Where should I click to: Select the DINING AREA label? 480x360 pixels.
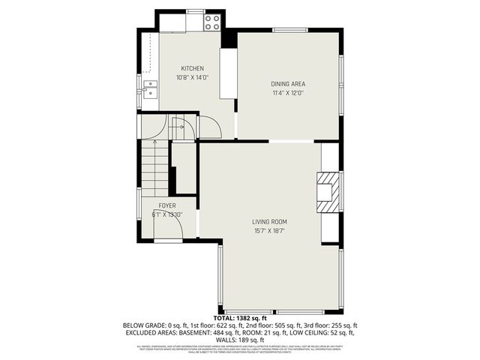(x=288, y=84)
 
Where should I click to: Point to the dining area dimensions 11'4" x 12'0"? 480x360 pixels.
(x=288, y=93)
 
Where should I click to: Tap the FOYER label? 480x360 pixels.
(x=167, y=205)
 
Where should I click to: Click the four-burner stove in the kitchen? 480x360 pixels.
(x=212, y=22)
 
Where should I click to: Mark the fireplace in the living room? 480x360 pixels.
(x=327, y=191)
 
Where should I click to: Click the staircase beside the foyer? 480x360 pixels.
(x=156, y=169)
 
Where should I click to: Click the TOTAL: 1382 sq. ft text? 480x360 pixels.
(x=240, y=319)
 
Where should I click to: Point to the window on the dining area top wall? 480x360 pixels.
(x=289, y=30)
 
